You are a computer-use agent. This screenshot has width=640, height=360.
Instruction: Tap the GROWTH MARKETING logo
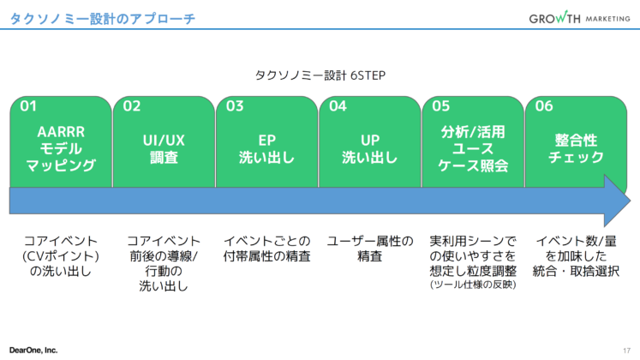579,18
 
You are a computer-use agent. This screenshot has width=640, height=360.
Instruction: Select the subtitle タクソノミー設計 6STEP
320,75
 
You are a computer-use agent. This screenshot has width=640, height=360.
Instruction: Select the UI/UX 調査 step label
164,142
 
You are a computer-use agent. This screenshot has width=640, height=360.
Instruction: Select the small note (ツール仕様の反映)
473,284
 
